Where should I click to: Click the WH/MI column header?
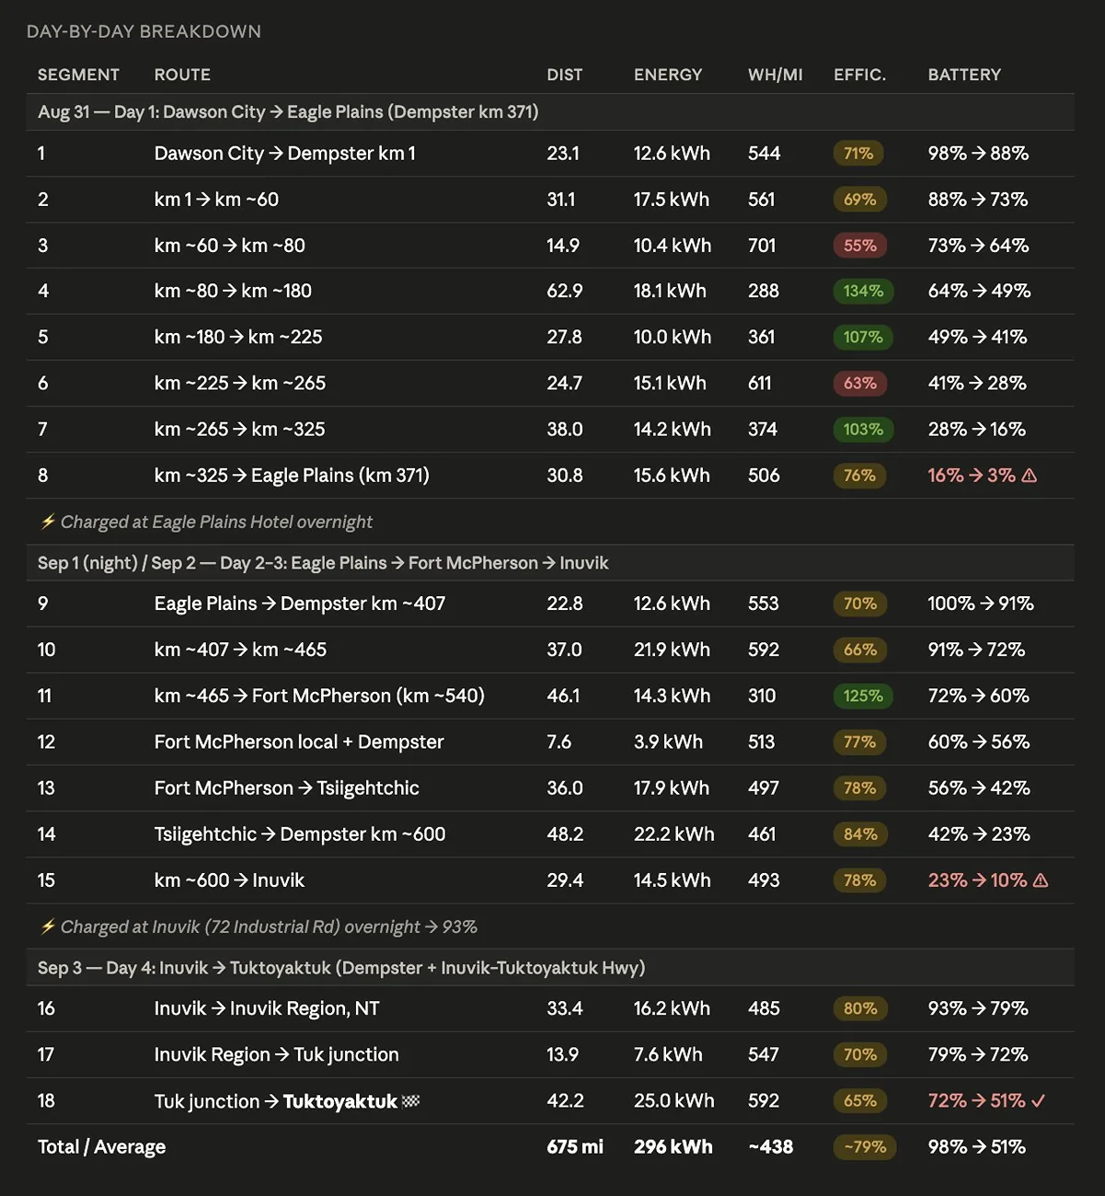point(775,75)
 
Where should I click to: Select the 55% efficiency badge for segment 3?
point(859,246)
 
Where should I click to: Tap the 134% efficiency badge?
point(863,291)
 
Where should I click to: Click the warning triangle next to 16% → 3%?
point(1029,475)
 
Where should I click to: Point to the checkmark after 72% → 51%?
point(1038,1101)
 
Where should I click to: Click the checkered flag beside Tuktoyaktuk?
point(410,1101)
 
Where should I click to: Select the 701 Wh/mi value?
point(762,246)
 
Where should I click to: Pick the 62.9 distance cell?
point(565,291)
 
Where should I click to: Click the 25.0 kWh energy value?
point(673,1101)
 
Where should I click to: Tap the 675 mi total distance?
point(575,1146)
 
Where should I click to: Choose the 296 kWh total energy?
point(673,1146)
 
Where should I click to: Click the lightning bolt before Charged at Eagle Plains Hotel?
point(48,522)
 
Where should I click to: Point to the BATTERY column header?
point(964,75)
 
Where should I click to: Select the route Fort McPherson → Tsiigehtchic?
point(286,788)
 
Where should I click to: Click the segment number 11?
point(44,696)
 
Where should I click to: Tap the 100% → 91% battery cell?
point(980,604)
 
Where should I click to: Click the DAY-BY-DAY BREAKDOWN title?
point(144,31)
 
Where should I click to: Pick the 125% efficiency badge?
point(863,696)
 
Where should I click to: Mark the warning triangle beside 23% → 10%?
point(1041,880)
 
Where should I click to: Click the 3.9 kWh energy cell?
point(668,742)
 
